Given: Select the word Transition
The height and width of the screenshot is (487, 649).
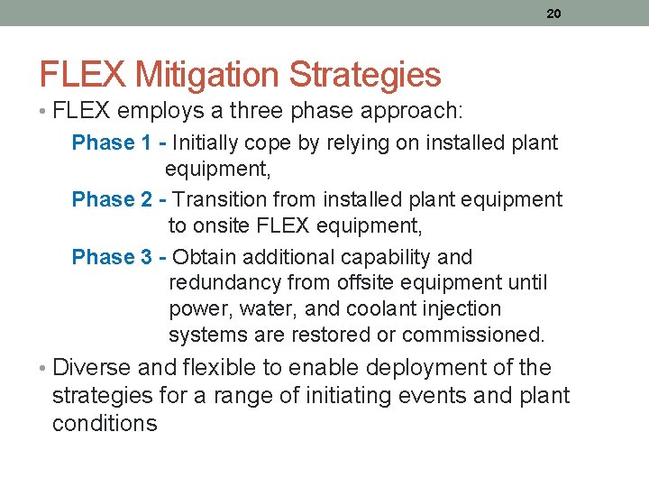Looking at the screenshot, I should point(218,199).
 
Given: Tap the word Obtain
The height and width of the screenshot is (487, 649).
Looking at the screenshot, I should point(205,257).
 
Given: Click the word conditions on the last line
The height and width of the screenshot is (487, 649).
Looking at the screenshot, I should point(105,423).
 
